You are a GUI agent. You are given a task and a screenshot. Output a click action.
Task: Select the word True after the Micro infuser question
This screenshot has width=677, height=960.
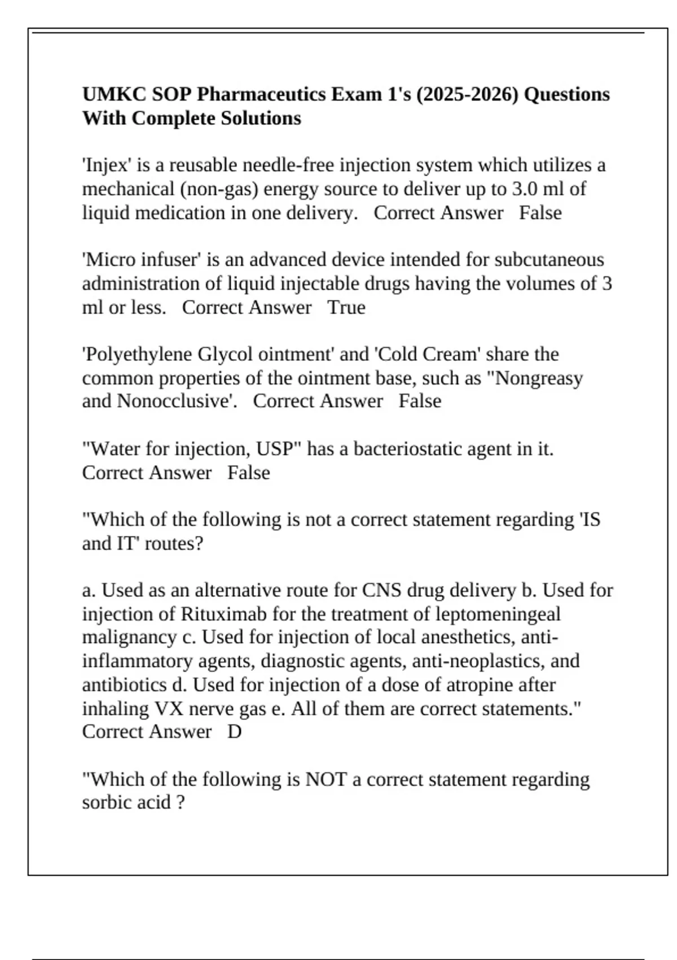pos(346,308)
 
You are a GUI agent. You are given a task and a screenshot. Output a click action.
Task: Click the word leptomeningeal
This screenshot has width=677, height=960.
pos(490,614)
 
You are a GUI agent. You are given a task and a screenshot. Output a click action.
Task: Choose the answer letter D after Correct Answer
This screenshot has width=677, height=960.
pos(234,732)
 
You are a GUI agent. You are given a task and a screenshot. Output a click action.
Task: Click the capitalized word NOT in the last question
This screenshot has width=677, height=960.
pos(326,780)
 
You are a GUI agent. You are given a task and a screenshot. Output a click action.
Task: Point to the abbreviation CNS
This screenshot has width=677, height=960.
pos(382,591)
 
